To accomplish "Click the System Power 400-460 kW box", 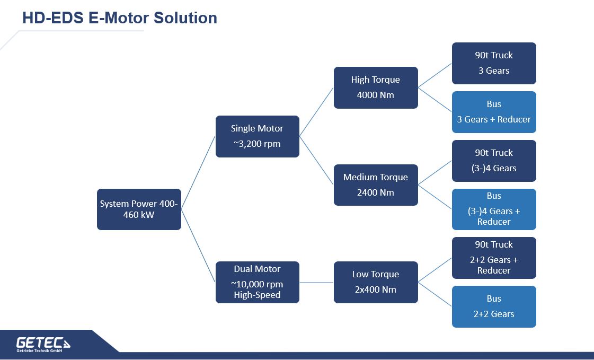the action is (139, 209).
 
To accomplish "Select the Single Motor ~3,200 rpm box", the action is (257, 136).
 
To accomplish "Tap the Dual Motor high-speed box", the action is (257, 282).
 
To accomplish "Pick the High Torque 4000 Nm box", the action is (376, 87).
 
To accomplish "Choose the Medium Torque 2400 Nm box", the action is (376, 185).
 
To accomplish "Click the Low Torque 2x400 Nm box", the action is (376, 282).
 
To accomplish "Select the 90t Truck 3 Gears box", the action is (494, 63).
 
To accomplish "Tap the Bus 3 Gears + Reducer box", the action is (494, 112).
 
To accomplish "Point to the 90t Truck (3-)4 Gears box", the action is (494, 161).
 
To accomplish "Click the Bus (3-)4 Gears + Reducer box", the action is (494, 209).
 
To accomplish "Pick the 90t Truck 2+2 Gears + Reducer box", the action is (494, 258).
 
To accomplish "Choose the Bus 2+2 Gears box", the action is (494, 306).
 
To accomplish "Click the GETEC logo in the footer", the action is (43, 344).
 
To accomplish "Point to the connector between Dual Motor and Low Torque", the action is (317, 282).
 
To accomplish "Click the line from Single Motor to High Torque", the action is (316, 112).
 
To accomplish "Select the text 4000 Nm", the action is (375, 95).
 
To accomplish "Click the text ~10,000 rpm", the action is (257, 284).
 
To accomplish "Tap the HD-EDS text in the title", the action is (53, 18).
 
